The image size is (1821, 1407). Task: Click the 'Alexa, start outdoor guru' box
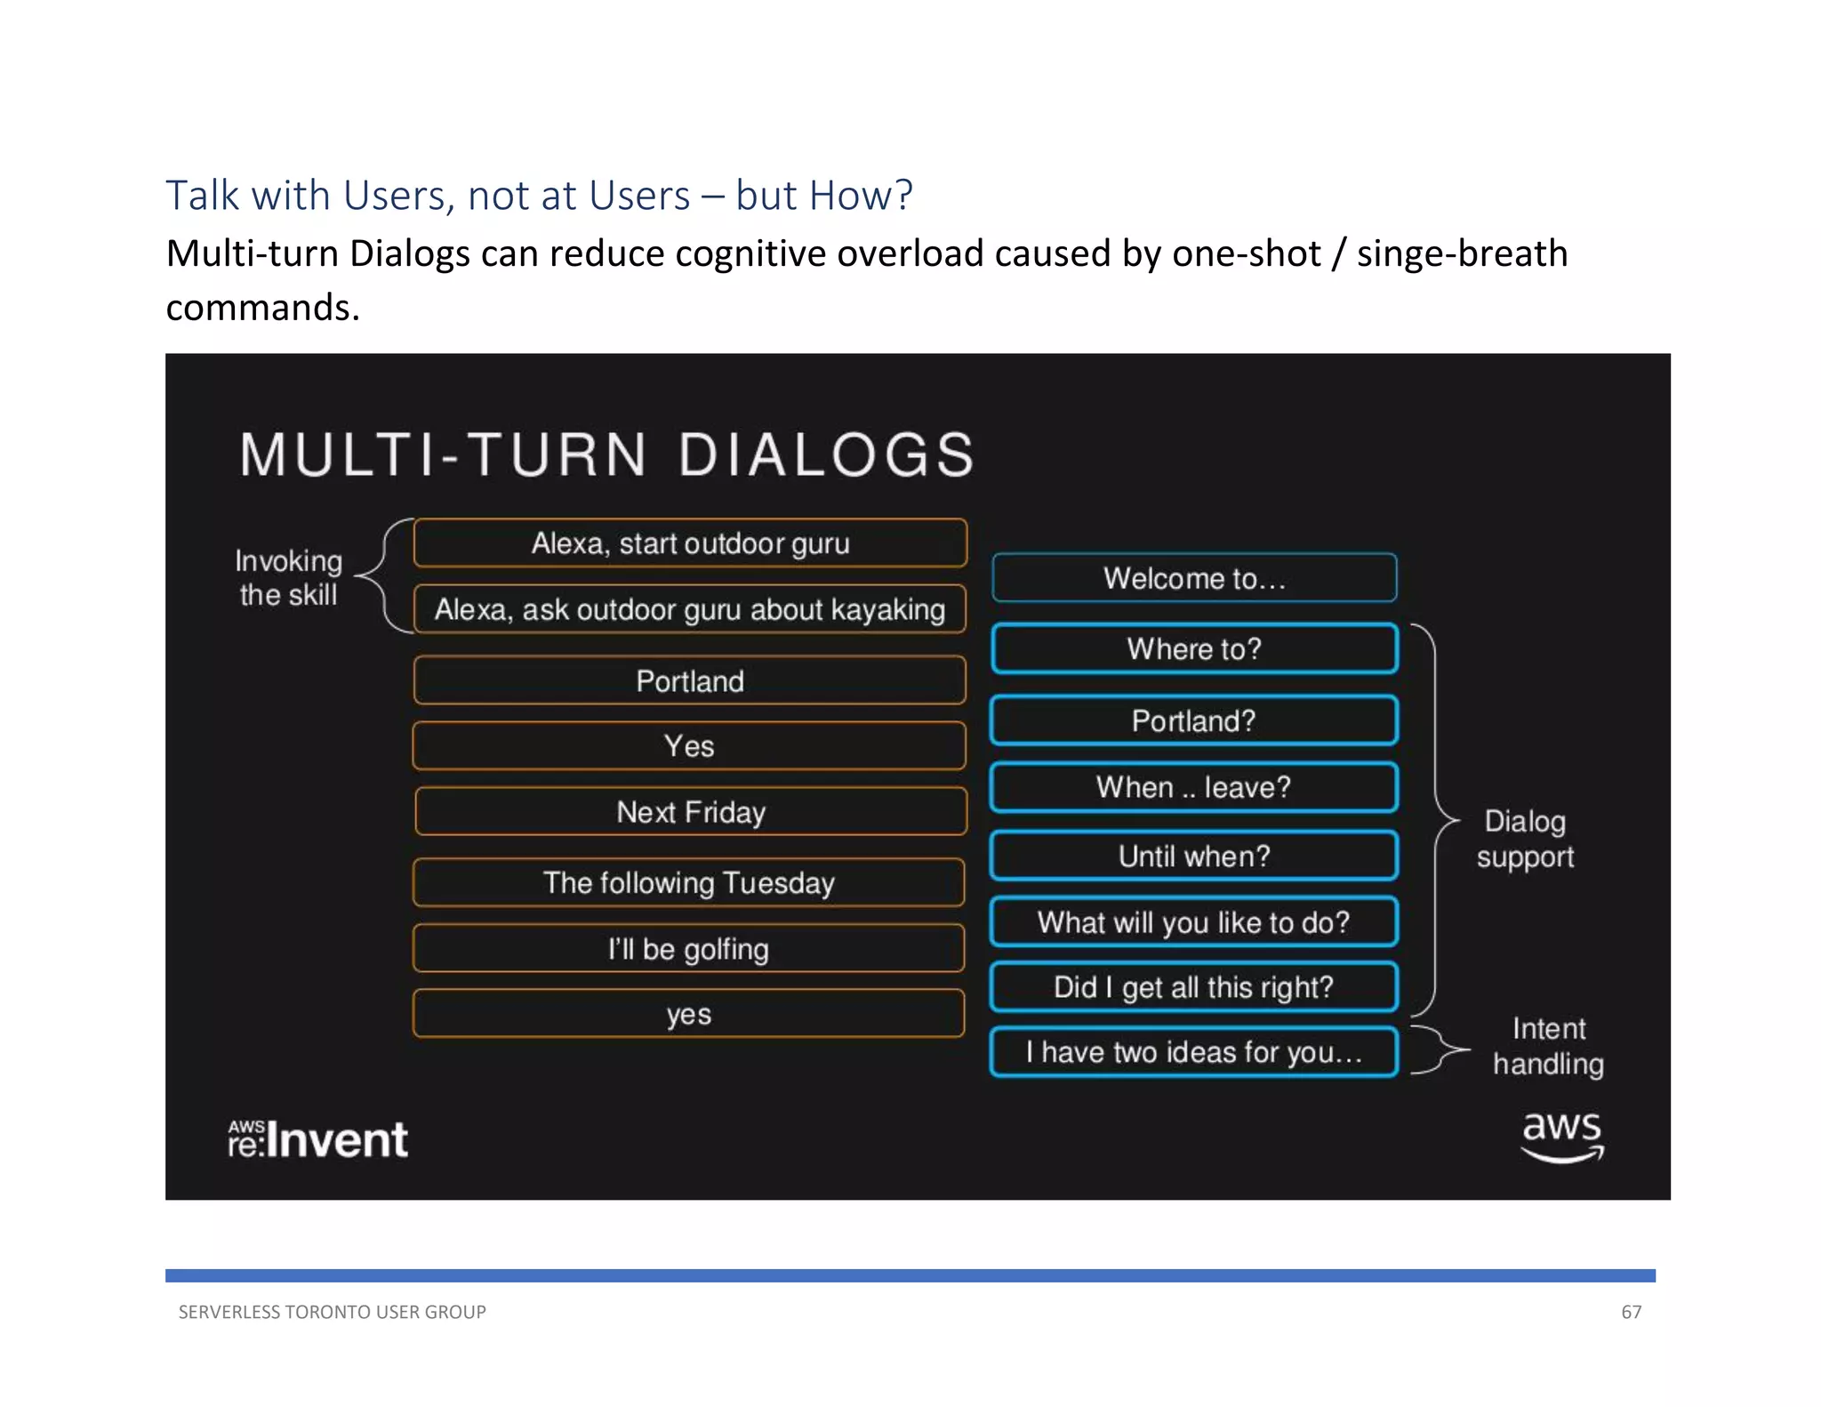tap(690, 543)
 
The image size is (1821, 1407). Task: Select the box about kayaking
tap(690, 610)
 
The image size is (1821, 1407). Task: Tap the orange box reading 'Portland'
tap(690, 681)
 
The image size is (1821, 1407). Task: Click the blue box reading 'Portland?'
tap(1193, 721)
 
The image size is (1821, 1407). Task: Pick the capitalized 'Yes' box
tap(690, 746)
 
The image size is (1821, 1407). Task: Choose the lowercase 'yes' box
tap(690, 1014)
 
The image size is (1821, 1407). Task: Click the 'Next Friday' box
tap(690, 812)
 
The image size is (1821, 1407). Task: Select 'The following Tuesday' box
tap(690, 883)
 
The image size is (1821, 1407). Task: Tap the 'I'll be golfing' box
tap(690, 949)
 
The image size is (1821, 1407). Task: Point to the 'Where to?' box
tap(1193, 649)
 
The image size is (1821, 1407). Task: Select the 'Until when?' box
tap(1193, 856)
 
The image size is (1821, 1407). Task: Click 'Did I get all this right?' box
tap(1193, 987)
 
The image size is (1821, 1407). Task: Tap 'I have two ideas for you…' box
tap(1193, 1052)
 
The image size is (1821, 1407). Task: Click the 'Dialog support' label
tap(1525, 839)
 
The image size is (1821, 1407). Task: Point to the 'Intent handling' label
tap(1548, 1046)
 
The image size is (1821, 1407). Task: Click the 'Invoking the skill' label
tap(288, 578)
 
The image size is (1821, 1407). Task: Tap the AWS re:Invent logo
tap(317, 1139)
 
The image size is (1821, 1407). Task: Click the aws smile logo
tap(1561, 1137)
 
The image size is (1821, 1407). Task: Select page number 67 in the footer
tap(1631, 1312)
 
